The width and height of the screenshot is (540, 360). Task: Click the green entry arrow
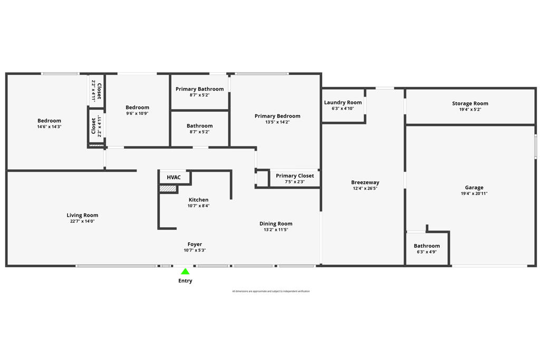point(185,272)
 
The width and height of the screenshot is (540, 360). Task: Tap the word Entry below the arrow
point(185,281)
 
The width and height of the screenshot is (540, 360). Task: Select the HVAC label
point(173,177)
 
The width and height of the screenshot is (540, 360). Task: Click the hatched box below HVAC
point(168,188)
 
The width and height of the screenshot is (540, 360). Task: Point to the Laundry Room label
point(343,102)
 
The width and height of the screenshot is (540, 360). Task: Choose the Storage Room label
point(470,103)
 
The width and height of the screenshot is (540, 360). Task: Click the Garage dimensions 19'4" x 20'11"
point(474,194)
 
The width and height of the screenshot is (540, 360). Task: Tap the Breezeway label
point(365,182)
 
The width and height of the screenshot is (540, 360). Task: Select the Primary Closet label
point(295,176)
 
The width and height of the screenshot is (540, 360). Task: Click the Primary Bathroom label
point(199,89)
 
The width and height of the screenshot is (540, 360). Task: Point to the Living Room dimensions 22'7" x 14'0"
point(82,221)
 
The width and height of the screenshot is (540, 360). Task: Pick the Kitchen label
point(198,200)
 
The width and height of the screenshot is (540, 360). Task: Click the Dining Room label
point(276,223)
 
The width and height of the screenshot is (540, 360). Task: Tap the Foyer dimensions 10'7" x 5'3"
point(195,250)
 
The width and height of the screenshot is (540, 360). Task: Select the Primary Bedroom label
point(277,116)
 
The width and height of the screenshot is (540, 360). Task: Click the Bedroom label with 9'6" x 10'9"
point(137,108)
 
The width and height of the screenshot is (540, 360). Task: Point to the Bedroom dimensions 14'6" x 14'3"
point(49,127)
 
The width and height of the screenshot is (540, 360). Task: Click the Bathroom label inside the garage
point(427,246)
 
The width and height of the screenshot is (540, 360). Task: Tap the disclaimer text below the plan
point(271,291)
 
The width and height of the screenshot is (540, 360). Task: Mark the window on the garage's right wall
point(535,147)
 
